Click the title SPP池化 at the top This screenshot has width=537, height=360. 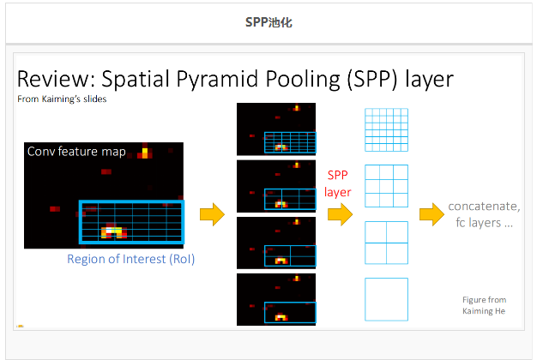(x=268, y=22)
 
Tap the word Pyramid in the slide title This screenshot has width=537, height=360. (x=217, y=80)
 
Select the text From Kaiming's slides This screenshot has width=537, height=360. (x=62, y=99)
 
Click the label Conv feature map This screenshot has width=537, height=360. (x=76, y=151)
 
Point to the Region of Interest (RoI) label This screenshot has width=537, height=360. (x=131, y=259)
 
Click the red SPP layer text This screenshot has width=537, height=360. (x=338, y=183)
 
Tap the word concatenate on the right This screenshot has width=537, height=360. (x=484, y=207)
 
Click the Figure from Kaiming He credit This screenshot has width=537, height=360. (x=484, y=305)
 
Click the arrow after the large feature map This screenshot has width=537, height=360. (x=213, y=214)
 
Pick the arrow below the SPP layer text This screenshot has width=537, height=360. (x=340, y=214)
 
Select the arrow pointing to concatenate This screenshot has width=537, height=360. (x=431, y=214)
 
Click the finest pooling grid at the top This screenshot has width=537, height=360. (x=386, y=129)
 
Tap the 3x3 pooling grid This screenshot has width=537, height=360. (x=386, y=186)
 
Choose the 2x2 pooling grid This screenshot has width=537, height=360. (x=386, y=243)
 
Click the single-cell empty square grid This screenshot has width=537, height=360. (x=365, y=299)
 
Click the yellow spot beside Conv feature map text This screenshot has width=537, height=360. (x=145, y=153)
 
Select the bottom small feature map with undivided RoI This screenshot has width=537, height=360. (x=276, y=299)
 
